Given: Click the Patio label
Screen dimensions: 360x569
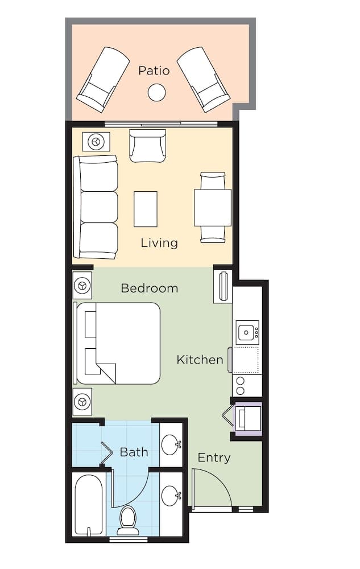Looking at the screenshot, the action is (154, 70).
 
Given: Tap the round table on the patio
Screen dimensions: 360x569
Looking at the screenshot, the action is (156, 92).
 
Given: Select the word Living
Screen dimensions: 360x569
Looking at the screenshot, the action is (159, 243).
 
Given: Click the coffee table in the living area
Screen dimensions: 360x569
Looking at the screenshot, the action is (146, 209).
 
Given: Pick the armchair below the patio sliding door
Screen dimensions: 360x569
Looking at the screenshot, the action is (147, 146).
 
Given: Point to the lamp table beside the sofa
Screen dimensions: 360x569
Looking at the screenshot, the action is (96, 142).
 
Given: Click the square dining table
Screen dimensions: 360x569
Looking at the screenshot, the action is (213, 208).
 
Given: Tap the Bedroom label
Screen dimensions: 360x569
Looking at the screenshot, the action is (150, 288).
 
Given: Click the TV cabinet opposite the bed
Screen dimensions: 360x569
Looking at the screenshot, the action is (222, 286).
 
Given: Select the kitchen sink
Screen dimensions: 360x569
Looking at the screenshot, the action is (247, 332).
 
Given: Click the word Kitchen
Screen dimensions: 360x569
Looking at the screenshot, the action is (200, 360).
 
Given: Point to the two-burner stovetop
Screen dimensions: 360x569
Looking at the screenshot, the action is (239, 385).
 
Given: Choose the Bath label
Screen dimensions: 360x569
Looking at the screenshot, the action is (134, 452).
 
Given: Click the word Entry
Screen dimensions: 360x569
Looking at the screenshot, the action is (214, 457).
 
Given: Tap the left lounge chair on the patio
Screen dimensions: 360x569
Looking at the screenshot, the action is (102, 80).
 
